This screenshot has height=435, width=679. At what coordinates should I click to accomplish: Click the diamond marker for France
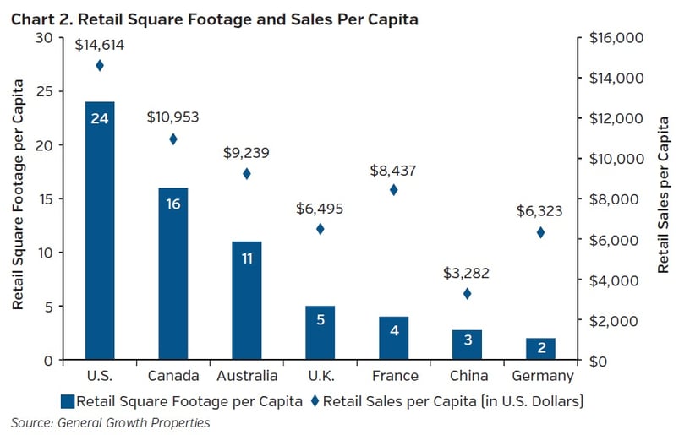(393, 190)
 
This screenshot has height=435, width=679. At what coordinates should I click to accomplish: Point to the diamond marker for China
(467, 294)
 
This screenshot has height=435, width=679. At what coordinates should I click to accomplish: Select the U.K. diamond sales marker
(320, 229)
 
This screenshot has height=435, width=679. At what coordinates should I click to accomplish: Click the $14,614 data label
(99, 46)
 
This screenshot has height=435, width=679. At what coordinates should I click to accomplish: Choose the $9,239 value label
(246, 153)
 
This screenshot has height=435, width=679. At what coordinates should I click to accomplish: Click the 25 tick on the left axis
(46, 91)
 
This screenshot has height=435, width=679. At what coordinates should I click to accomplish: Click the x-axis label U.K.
(320, 376)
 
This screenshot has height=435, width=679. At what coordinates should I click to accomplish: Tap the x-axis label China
(467, 376)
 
